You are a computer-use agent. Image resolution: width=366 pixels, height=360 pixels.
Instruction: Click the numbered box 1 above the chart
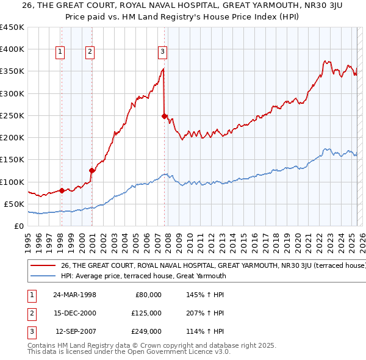pyautogui.click(x=61, y=52)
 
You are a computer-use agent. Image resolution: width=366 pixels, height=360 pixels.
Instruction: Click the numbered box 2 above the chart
pyautogui.click(x=90, y=52)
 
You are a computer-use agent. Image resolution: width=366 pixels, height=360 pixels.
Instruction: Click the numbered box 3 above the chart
pyautogui.click(x=163, y=52)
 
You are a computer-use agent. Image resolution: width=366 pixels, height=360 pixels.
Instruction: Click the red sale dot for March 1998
pyautogui.click(x=62, y=190)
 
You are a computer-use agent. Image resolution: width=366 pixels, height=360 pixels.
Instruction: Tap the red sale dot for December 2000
pyautogui.click(x=91, y=170)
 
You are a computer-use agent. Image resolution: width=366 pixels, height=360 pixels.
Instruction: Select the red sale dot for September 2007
pyautogui.click(x=164, y=115)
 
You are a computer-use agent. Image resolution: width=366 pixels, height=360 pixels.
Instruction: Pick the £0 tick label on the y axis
pyautogui.click(x=18, y=226)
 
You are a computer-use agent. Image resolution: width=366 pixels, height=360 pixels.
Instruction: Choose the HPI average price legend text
pyautogui.click(x=143, y=276)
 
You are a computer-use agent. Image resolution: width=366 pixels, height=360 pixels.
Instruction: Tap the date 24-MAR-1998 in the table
pyautogui.click(x=74, y=295)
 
